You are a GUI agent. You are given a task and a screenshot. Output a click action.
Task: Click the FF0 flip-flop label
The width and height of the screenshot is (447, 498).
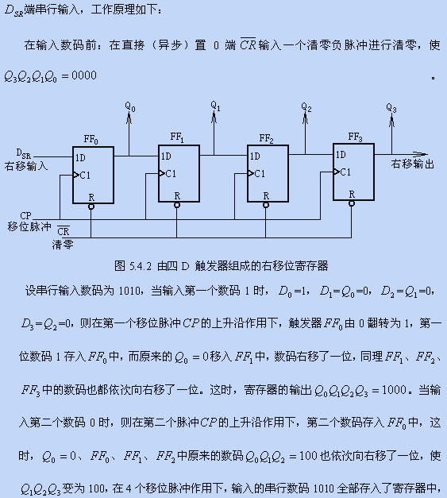pyautogui.click(x=91, y=140)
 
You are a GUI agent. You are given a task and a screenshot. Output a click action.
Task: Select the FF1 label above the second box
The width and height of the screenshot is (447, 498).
pyautogui.click(x=177, y=137)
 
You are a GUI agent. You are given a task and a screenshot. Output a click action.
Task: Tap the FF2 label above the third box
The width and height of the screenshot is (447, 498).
pyautogui.click(x=266, y=138)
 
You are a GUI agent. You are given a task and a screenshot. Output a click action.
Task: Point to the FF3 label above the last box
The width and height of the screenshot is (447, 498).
pyautogui.click(x=355, y=137)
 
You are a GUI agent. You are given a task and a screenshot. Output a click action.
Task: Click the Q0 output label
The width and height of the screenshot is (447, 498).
pyautogui.click(x=130, y=106)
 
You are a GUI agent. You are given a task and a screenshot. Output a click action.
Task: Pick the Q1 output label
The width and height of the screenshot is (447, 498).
pyautogui.click(x=215, y=106)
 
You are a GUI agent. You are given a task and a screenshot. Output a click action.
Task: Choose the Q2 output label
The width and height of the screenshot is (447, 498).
pyautogui.click(x=306, y=107)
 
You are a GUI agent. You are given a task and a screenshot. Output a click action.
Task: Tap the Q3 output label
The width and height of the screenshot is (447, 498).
pyautogui.click(x=391, y=108)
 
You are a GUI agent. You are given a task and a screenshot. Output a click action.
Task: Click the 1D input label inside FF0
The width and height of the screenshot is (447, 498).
pyautogui.click(x=80, y=158)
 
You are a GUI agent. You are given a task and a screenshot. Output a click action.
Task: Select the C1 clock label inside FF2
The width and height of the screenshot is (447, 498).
pyautogui.click(x=260, y=173)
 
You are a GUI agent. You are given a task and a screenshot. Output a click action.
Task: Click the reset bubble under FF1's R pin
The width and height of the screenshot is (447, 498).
pyautogui.click(x=177, y=205)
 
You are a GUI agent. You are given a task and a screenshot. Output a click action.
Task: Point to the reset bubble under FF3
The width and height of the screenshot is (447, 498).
pyautogui.click(x=352, y=203)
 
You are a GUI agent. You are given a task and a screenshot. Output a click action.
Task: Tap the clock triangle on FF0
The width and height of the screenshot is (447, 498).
pyautogui.click(x=76, y=175)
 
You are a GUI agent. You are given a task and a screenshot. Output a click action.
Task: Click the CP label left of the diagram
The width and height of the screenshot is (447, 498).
pyautogui.click(x=25, y=216)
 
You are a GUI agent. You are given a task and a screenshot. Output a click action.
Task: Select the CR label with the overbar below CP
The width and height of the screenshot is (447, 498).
pyautogui.click(x=64, y=230)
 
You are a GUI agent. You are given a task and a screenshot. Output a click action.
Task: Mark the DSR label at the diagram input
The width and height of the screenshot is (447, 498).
pyautogui.click(x=24, y=154)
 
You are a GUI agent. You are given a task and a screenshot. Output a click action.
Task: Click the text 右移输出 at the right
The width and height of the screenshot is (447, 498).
pyautogui.click(x=412, y=164)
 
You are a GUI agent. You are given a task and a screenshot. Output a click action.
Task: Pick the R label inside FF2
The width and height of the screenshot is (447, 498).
pyautogui.click(x=266, y=196)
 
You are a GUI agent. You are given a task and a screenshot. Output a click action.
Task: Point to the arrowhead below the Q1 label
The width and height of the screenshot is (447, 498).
pyautogui.click(x=214, y=118)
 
